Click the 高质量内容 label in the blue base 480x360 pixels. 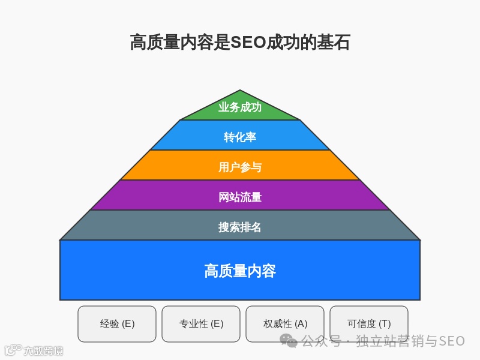240,271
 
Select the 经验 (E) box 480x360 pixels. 117,324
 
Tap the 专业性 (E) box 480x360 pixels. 201,324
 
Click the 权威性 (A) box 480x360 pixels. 285,324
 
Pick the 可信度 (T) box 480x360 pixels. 369,324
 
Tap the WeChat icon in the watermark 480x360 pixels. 289,341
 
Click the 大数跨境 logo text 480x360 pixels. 43,350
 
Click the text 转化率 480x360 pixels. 240,137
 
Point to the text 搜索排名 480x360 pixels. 240,227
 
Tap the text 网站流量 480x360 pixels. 240,197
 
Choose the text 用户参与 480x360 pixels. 240,167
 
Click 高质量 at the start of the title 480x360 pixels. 152,43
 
